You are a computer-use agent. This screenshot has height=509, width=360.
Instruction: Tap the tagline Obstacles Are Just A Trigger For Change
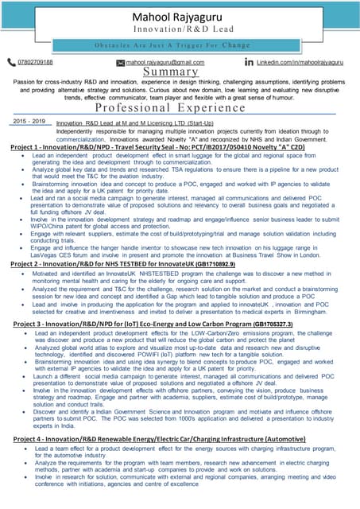pos(180,45)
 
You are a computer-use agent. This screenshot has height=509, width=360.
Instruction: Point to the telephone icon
pos(10,61)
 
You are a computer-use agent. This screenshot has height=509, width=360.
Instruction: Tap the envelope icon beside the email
pos(121,62)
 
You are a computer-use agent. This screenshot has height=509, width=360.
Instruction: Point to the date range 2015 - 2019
pos(29,122)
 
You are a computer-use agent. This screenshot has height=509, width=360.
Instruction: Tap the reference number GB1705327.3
pos(280,324)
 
